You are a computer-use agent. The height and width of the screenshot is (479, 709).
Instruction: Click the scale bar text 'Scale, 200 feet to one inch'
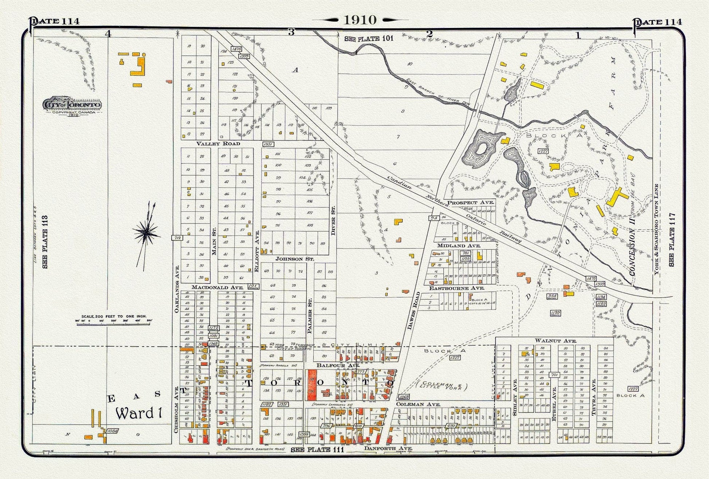114,316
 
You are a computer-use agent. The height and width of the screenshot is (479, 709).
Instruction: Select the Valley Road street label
218,144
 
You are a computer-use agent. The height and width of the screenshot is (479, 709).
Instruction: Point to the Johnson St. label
295,259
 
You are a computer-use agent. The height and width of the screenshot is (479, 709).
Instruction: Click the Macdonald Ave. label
217,287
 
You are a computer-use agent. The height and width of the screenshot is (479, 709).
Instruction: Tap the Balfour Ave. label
333,365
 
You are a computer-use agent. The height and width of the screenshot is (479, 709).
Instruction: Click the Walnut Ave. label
555,341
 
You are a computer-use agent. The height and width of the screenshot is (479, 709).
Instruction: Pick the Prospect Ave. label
470,202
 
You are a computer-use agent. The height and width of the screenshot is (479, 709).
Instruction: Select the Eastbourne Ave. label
457,288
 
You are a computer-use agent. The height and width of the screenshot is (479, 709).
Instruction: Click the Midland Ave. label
459,246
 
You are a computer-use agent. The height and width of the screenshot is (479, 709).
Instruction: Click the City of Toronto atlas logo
72,105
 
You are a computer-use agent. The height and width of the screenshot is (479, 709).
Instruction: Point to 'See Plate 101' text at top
369,39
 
